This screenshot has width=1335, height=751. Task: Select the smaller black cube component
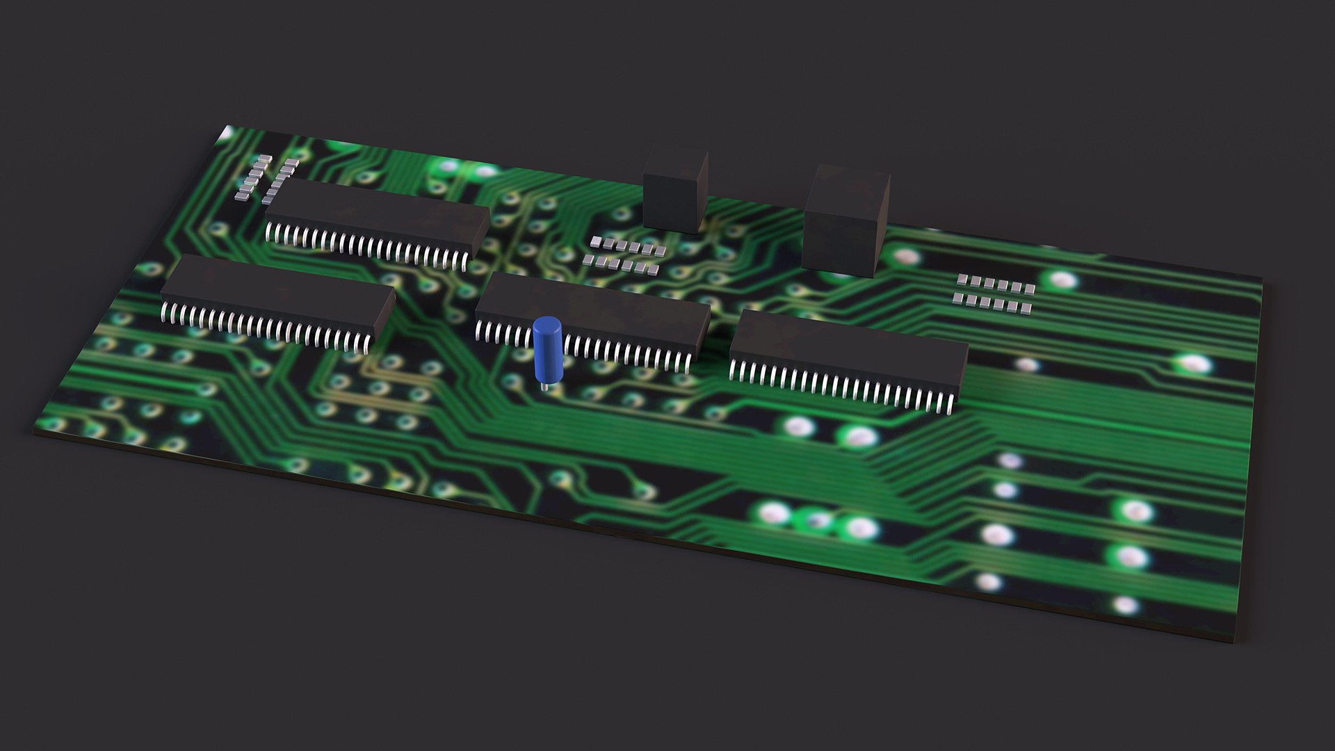[674, 191]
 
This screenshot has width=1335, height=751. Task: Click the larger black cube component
[845, 223]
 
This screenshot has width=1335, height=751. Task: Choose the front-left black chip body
[278, 292]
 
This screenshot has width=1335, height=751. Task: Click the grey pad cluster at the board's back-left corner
[268, 177]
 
